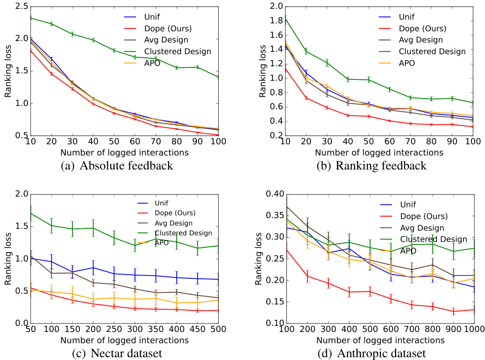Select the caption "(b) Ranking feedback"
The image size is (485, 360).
point(371,165)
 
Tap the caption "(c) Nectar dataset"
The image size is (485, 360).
point(117,353)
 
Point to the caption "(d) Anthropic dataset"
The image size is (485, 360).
point(371,353)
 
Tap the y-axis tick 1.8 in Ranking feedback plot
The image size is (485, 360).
point(275,21)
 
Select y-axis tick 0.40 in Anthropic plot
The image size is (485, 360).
point(271,194)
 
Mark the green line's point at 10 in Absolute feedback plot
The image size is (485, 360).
point(30,18)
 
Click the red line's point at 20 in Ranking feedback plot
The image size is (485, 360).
point(306,98)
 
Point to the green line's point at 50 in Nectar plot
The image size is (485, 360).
point(30,213)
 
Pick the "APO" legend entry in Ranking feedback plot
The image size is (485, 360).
point(407,63)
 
